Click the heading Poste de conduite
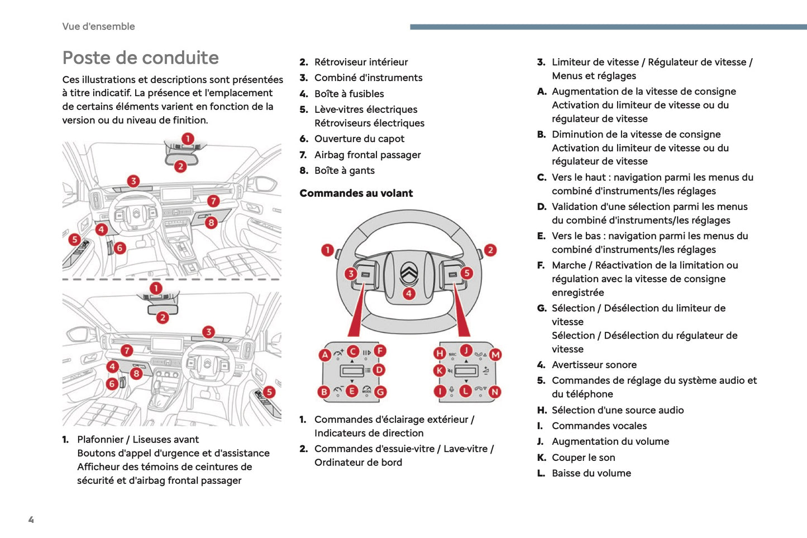point(140,58)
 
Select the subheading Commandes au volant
point(356,193)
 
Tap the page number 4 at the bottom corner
point(31,520)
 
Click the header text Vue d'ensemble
point(98,26)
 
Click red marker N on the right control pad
point(495,392)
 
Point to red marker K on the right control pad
point(440,370)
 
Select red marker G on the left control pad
point(380,392)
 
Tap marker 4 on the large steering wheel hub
point(409,293)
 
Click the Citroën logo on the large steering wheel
point(409,273)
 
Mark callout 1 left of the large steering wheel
point(328,250)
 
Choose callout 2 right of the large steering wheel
point(490,250)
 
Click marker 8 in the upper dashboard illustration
point(211,222)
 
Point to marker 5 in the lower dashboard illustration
point(269,392)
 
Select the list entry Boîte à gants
point(344,171)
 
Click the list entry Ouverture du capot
point(359,139)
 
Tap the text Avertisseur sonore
point(594,365)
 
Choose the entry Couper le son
point(583,458)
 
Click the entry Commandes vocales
point(599,426)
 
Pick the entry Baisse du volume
point(591,473)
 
